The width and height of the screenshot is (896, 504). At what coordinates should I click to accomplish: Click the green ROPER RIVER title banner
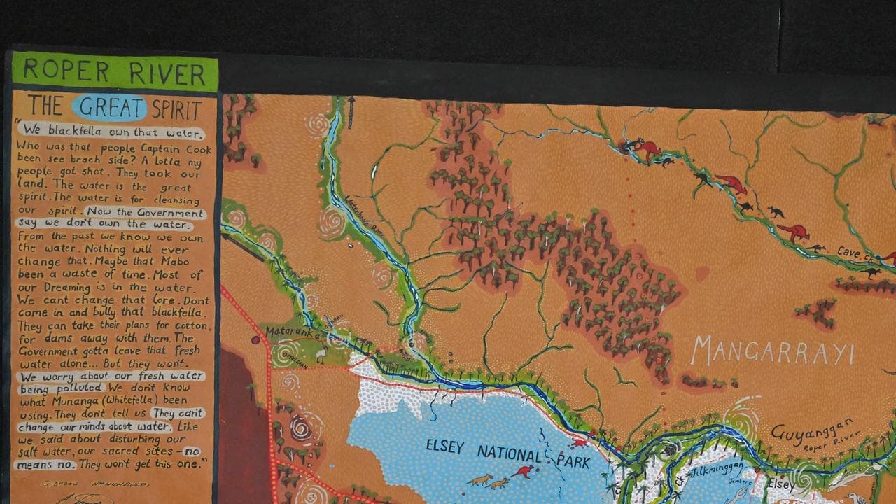pyautogui.click(x=114, y=72)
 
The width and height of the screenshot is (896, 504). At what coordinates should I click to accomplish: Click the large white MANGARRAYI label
pyautogui.click(x=773, y=351)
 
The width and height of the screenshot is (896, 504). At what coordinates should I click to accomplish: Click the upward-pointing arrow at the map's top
pyautogui.click(x=351, y=106)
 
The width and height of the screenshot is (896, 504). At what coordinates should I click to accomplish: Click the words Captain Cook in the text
pyautogui.click(x=164, y=149)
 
